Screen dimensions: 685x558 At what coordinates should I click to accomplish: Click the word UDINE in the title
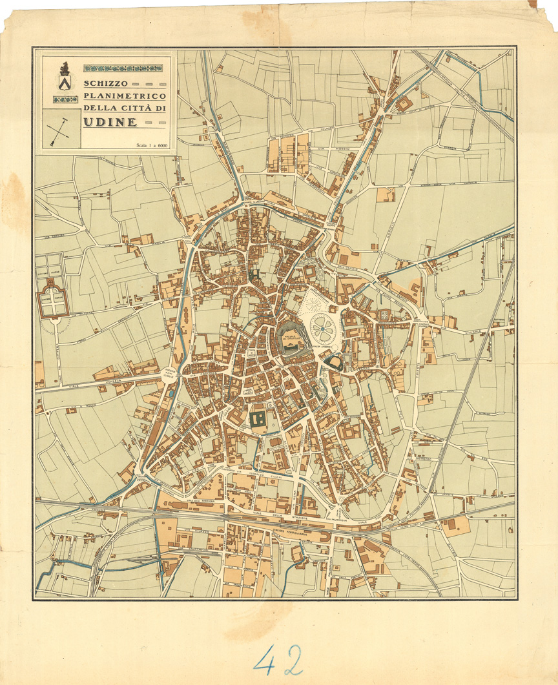tap(110, 121)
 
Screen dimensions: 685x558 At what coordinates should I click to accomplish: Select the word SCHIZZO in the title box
tap(107, 84)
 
